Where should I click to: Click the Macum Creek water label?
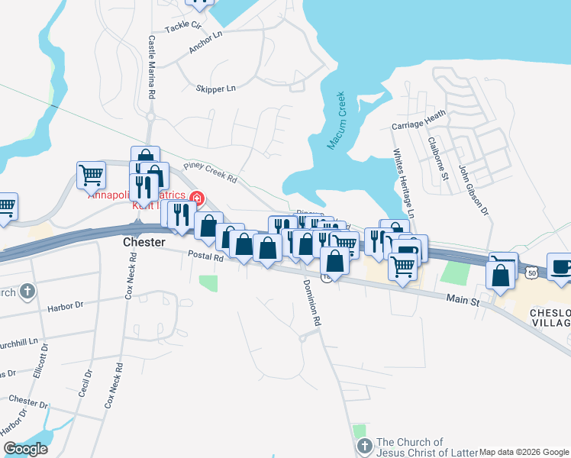[x=337, y=121]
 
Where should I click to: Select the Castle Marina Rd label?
[x=152, y=66]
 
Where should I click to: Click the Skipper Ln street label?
[x=215, y=89]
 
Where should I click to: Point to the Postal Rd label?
[x=208, y=258]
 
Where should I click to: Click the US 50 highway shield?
[x=530, y=271]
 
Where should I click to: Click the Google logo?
[x=25, y=449]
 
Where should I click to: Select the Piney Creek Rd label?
[x=211, y=173]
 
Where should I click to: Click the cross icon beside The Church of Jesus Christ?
[x=363, y=444]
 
